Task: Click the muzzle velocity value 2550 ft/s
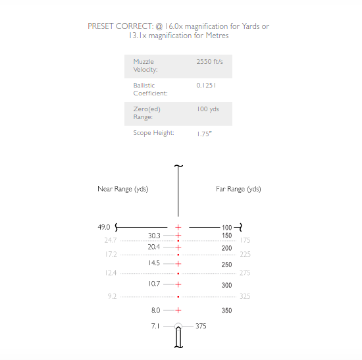(x=209, y=62)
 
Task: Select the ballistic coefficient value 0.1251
(x=206, y=86)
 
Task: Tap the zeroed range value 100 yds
(x=208, y=109)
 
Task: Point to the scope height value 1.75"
(x=204, y=134)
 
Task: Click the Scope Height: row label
(x=153, y=133)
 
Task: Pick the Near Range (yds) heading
(x=123, y=189)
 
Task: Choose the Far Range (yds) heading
(x=238, y=189)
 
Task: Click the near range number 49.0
(x=104, y=227)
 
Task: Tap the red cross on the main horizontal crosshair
(x=178, y=228)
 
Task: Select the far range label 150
(x=226, y=236)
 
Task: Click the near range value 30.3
(x=154, y=236)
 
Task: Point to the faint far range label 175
(x=245, y=240)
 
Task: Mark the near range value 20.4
(x=154, y=247)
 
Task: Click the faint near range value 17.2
(x=111, y=255)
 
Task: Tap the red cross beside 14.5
(x=178, y=264)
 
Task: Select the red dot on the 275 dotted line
(x=178, y=273)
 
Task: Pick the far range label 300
(x=226, y=285)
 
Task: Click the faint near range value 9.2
(x=112, y=296)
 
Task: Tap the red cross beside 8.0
(x=178, y=311)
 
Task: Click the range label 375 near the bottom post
(x=201, y=326)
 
